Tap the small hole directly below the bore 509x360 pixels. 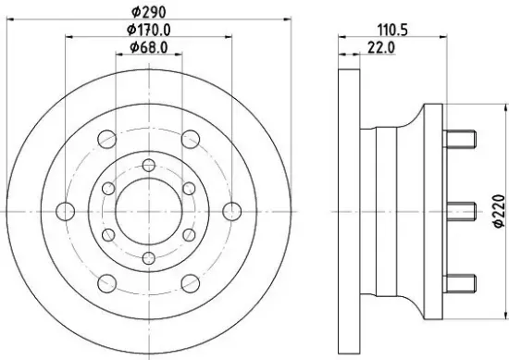click(x=148, y=254)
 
